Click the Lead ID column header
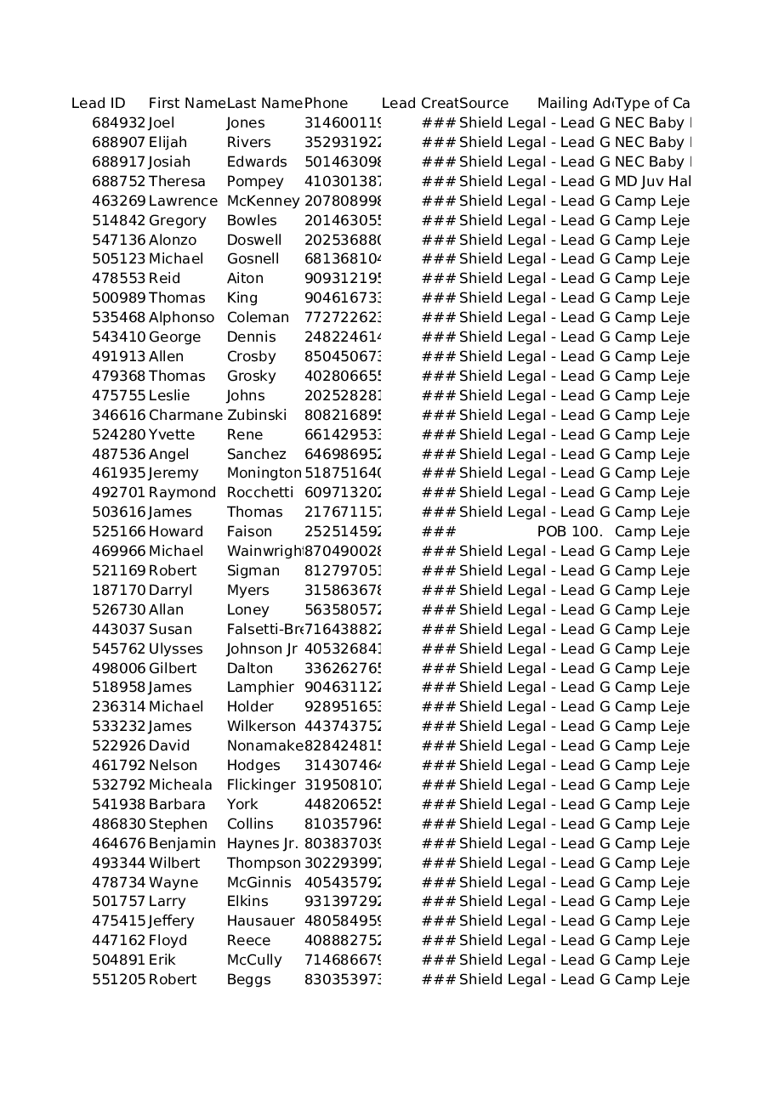(x=99, y=104)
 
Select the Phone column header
(x=327, y=104)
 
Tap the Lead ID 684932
(x=119, y=123)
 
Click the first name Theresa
(x=177, y=182)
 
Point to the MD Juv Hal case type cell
(x=652, y=182)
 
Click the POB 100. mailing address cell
(x=570, y=532)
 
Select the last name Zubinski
(x=257, y=416)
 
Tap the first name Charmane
(x=186, y=416)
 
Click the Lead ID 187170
(x=119, y=591)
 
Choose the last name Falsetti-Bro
(x=264, y=630)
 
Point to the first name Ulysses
(x=176, y=649)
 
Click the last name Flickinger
(x=261, y=785)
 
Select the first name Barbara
(x=177, y=805)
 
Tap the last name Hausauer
(x=260, y=921)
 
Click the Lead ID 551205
(x=119, y=980)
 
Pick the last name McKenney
(x=263, y=201)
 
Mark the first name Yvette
(x=172, y=435)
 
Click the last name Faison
(x=249, y=532)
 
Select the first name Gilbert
(x=173, y=669)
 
